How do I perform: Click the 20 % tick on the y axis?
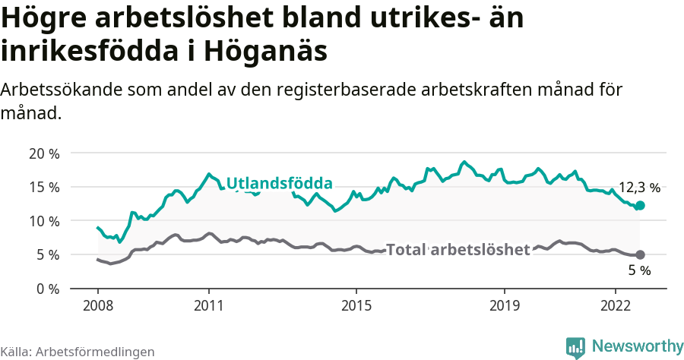pyautogui.click(x=45, y=153)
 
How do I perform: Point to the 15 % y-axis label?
pyautogui.click(x=45, y=187)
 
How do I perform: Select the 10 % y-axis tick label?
pyautogui.click(x=45, y=221)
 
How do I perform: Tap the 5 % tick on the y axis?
pyautogui.click(x=48, y=255)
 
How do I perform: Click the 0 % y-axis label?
pyautogui.click(x=48, y=289)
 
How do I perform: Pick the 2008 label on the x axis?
pyautogui.click(x=98, y=305)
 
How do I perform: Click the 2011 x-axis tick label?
pyautogui.click(x=209, y=305)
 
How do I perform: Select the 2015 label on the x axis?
pyautogui.click(x=356, y=305)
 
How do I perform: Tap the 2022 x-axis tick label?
pyautogui.click(x=615, y=305)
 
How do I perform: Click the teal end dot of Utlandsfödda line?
pyautogui.click(x=640, y=205)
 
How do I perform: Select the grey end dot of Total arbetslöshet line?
pyautogui.click(x=640, y=254)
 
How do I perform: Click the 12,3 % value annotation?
pyautogui.click(x=639, y=188)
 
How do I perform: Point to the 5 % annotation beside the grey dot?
pyautogui.click(x=639, y=270)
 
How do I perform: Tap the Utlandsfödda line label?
pyautogui.click(x=280, y=184)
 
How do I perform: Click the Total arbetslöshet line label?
pyautogui.click(x=458, y=250)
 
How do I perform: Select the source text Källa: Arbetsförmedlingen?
pyautogui.click(x=78, y=352)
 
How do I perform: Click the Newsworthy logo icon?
pyautogui.click(x=575, y=347)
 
